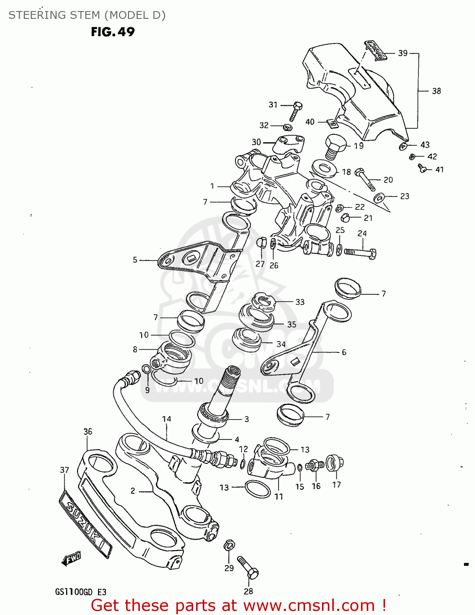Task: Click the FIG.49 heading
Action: coord(113,32)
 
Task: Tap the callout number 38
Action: coord(436,91)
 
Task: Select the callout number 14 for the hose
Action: coord(167,419)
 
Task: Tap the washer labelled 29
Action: coord(229,546)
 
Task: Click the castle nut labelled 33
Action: coord(263,302)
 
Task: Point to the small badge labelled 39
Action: coord(376,50)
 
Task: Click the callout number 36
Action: coord(88,431)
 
